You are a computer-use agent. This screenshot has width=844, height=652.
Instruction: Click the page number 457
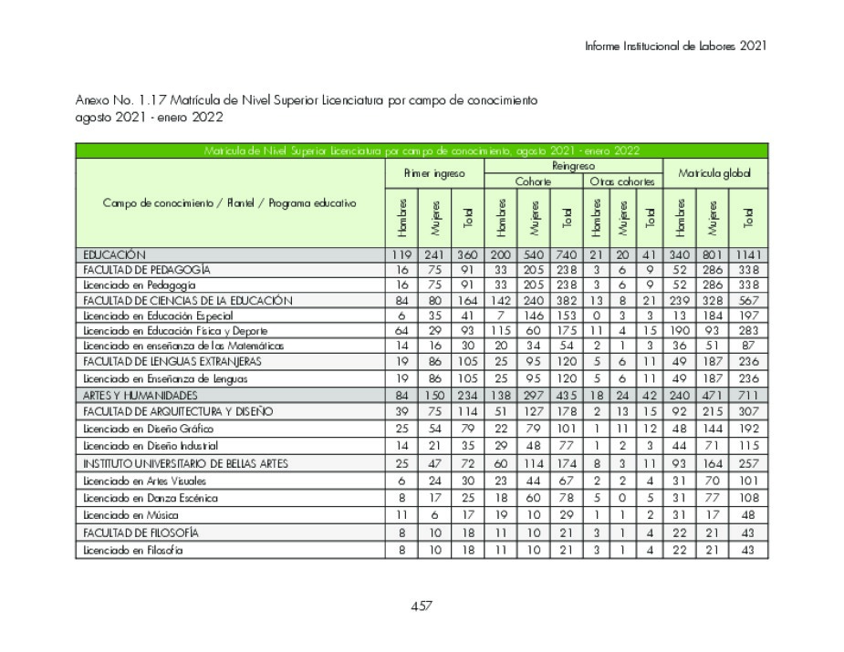(421, 605)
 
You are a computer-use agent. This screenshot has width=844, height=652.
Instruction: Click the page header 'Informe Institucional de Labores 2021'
(675, 46)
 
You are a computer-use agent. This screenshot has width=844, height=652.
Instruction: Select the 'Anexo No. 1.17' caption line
(307, 100)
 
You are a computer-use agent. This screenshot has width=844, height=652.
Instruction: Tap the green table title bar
(422, 151)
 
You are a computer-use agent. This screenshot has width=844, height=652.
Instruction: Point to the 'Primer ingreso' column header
(434, 173)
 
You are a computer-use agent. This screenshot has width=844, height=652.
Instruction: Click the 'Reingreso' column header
(573, 166)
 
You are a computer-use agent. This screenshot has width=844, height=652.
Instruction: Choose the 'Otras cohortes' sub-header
(621, 181)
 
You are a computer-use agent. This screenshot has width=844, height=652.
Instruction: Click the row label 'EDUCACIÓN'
(115, 254)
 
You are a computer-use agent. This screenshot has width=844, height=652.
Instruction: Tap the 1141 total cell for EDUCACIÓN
(748, 254)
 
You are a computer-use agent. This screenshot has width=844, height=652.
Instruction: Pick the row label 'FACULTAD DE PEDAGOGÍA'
(147, 270)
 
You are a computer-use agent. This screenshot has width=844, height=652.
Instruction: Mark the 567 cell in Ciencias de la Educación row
(748, 300)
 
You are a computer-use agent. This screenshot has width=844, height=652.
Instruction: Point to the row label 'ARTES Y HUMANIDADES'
(141, 395)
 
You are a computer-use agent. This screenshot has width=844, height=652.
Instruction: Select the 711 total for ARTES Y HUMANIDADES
(748, 395)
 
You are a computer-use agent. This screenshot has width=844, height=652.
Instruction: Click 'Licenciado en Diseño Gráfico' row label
(149, 429)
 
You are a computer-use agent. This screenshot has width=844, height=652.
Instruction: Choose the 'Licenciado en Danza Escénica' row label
(151, 498)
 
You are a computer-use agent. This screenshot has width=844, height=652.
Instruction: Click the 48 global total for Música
(748, 515)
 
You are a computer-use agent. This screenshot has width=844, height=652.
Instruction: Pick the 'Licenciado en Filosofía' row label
(133, 550)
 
